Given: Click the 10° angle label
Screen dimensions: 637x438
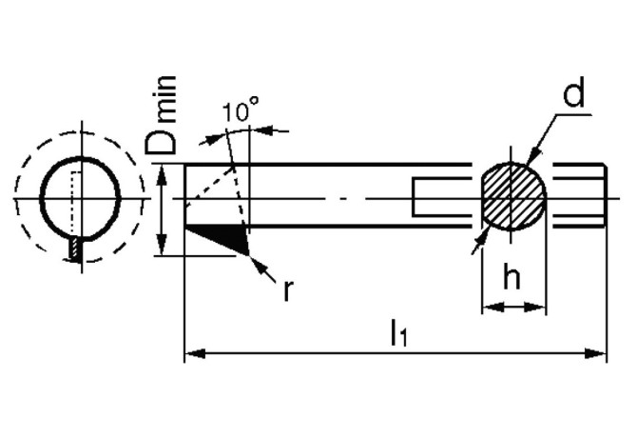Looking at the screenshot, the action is point(241,109).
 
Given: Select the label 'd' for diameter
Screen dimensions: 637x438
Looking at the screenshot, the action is point(573,92).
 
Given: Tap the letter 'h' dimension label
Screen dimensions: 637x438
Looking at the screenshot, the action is point(512,275).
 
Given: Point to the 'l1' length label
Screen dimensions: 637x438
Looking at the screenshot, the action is point(398,332).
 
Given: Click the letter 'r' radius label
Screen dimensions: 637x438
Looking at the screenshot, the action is point(288,290).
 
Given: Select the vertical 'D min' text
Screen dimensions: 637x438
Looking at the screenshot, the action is point(162,115).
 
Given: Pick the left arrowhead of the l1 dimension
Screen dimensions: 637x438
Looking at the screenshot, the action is point(195,353).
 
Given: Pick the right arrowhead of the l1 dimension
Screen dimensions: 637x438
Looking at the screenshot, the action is point(595,353).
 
